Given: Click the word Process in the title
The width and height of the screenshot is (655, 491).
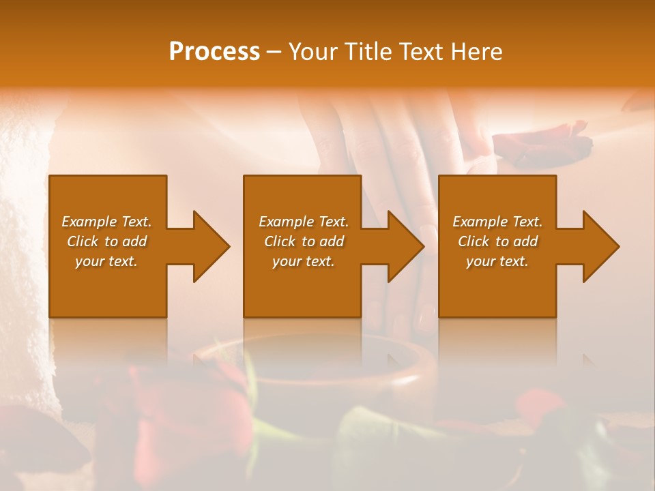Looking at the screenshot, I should coord(214,52).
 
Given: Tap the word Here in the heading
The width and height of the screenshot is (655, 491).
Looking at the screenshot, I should coord(478,52).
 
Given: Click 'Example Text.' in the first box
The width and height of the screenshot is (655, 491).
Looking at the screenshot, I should coord(106,222).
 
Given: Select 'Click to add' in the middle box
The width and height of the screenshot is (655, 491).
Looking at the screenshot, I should coord(304,241).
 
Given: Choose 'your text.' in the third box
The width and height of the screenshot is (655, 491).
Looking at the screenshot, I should coord(497,261).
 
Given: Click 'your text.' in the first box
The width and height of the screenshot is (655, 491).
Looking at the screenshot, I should coord(106,261).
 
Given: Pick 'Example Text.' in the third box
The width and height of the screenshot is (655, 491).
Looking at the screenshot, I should coord(497,222).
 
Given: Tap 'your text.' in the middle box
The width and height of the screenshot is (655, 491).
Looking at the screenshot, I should coord(304,261).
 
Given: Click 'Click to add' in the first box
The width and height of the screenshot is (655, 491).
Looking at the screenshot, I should coord(106,241).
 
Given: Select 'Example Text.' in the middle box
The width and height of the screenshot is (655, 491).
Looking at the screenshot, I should coord(304,222).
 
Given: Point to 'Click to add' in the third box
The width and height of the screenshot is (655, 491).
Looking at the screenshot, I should coord(497,241).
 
